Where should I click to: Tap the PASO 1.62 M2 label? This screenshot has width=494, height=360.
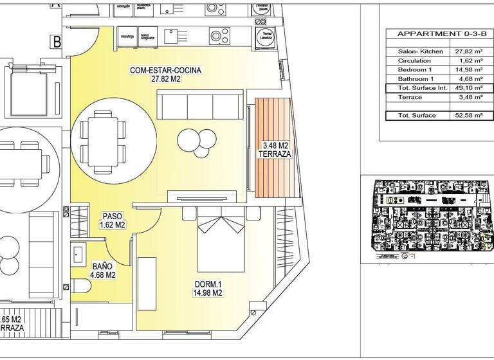tap(112, 221)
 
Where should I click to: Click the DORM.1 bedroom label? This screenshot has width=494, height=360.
tap(208, 288)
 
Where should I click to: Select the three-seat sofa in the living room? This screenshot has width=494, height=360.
tap(200, 105)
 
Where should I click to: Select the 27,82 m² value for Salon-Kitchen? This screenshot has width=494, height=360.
tap(468, 51)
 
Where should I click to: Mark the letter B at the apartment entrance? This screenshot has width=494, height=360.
tap(57, 42)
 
